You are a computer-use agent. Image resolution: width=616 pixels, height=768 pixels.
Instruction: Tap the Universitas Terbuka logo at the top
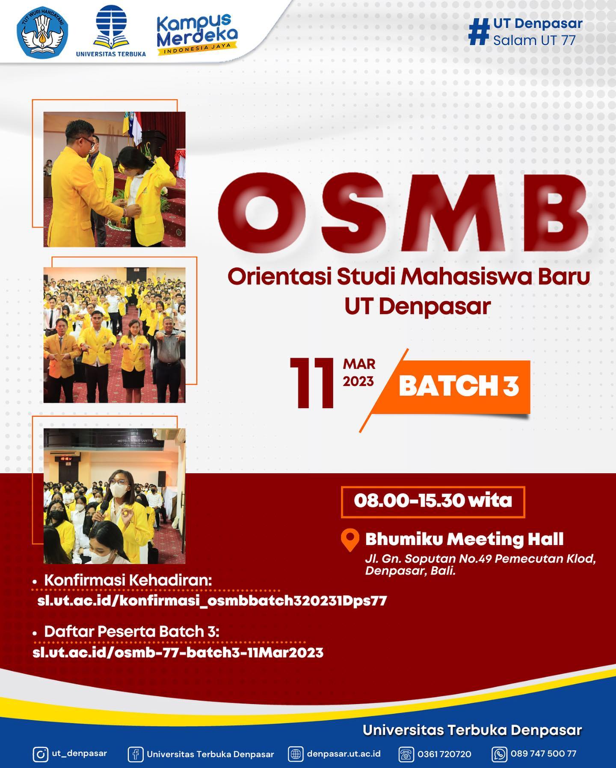click(111, 31)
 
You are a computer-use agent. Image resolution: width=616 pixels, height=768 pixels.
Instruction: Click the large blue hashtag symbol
click(479, 31)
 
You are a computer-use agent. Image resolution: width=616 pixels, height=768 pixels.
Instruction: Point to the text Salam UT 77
click(534, 40)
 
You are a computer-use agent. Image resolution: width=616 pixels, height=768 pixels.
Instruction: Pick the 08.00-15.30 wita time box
click(433, 501)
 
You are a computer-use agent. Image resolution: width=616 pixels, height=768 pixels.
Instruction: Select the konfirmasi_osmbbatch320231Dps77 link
click(212, 601)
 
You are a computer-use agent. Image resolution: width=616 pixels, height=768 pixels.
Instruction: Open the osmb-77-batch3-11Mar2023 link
click(178, 652)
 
